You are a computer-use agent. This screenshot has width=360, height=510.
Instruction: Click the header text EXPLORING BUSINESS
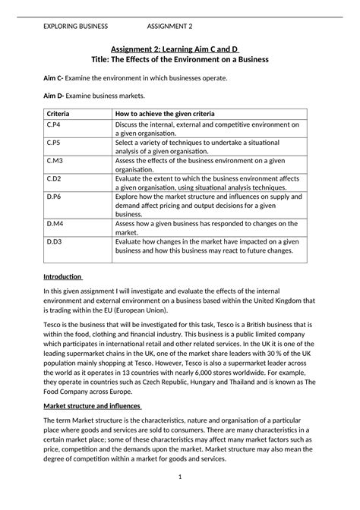pos(75,26)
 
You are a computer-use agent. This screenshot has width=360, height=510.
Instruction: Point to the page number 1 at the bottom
pos(180,476)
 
